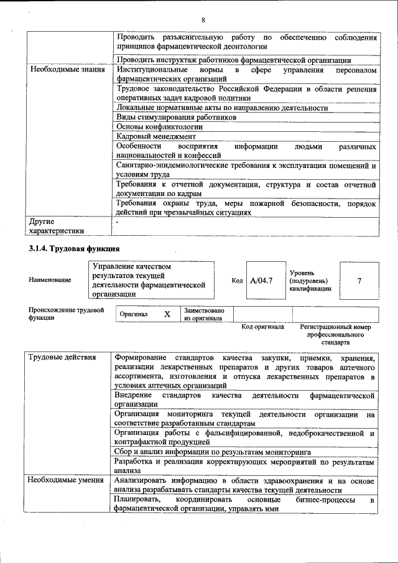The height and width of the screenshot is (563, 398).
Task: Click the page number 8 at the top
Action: [x=203, y=19]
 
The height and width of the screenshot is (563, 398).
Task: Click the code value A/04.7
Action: [x=261, y=281]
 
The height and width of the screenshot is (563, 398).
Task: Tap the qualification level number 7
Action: [x=359, y=281]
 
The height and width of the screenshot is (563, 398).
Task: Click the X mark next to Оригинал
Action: [x=167, y=314]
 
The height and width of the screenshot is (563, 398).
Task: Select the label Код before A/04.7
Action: [x=237, y=281]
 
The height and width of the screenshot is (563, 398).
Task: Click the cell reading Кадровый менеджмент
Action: [x=156, y=136]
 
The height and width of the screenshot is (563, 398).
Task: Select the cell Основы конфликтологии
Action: [x=159, y=126]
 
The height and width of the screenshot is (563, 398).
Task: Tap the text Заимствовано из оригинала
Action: [x=205, y=314]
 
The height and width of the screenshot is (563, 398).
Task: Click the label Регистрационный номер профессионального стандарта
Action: [x=335, y=334]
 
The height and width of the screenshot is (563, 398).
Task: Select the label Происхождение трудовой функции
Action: [x=66, y=314]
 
